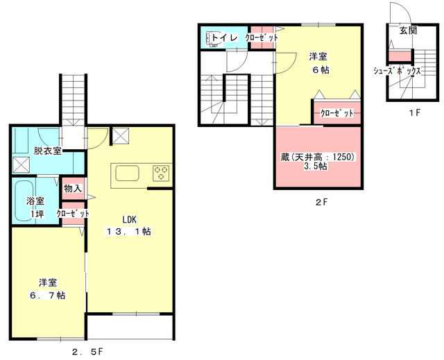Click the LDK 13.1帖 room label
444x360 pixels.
click(129, 225)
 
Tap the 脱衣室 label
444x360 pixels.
click(48, 151)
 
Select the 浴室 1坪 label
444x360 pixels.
click(35, 207)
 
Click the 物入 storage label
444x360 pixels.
click(73, 188)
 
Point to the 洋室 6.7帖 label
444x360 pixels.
click(48, 289)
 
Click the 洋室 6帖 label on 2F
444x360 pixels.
click(318, 63)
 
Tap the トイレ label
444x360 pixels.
click(224, 37)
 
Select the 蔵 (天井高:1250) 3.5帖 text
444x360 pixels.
click(318, 162)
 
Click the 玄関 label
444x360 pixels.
click(408, 31)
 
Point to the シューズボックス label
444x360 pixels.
click(398, 71)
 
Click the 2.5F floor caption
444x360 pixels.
click(89, 352)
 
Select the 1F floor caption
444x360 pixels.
click(414, 112)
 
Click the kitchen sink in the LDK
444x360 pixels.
click(127, 173)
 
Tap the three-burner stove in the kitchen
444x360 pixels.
click(161, 173)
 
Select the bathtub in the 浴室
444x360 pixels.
click(24, 200)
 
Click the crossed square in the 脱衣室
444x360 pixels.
click(22, 164)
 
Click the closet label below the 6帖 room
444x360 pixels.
click(337, 113)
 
